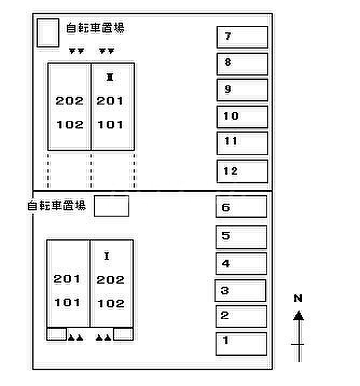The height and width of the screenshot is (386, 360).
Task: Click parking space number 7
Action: click(x=243, y=37)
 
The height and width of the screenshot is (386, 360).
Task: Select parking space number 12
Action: click(x=243, y=171)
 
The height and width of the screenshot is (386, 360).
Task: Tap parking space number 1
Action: click(x=241, y=344)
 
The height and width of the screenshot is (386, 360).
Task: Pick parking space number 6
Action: click(x=241, y=206)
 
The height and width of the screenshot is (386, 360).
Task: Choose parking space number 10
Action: click(x=243, y=117)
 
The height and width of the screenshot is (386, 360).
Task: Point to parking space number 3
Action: click(x=240, y=291)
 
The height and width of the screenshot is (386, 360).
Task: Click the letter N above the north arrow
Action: click(x=298, y=298)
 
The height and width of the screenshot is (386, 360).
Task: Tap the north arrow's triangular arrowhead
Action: click(x=299, y=315)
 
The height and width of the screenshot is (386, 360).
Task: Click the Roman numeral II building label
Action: click(x=110, y=77)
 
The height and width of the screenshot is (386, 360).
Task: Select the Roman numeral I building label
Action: click(x=107, y=256)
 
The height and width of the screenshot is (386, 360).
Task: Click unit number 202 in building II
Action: click(x=70, y=101)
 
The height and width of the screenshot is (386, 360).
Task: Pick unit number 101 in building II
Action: click(x=110, y=125)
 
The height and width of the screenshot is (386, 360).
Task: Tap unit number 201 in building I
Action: click(x=67, y=279)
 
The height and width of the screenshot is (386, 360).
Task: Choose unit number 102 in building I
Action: click(x=110, y=304)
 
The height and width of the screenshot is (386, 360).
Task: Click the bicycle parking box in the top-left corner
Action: click(x=48, y=33)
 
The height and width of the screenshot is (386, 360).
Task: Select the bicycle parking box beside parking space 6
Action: click(x=112, y=206)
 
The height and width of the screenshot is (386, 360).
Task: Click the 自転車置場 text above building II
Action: click(x=95, y=28)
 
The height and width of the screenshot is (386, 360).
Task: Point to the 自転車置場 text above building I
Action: click(x=57, y=205)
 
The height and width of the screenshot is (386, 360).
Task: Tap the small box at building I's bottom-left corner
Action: click(x=57, y=334)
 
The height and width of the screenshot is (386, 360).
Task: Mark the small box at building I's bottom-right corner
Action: click(x=123, y=334)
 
